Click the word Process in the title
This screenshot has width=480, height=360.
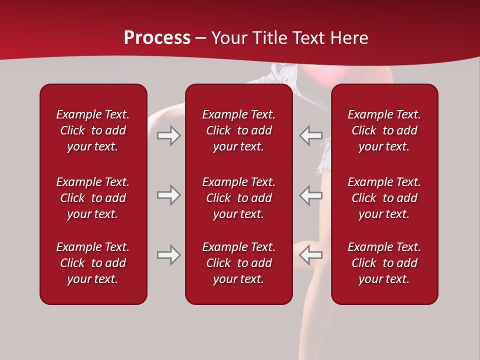click(157, 38)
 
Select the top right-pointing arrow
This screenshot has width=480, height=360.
click(169, 135)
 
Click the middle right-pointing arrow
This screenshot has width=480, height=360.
click(169, 195)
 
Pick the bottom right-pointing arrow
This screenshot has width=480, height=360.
click(169, 255)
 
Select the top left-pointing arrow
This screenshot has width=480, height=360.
click(310, 135)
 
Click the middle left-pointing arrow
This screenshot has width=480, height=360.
click(310, 195)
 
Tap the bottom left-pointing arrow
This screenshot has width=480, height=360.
click(310, 255)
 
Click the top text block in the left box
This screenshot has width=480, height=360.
click(93, 130)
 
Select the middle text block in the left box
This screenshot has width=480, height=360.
click(93, 198)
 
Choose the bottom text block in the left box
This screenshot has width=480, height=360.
click(93, 263)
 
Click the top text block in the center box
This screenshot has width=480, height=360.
click(238, 130)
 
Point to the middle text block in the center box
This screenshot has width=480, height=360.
click(238, 198)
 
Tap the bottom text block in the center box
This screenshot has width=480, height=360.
click(238, 263)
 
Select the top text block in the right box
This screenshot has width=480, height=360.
click(384, 130)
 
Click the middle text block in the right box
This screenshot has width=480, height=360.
click(384, 198)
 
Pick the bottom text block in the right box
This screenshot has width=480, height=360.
click(384, 263)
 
